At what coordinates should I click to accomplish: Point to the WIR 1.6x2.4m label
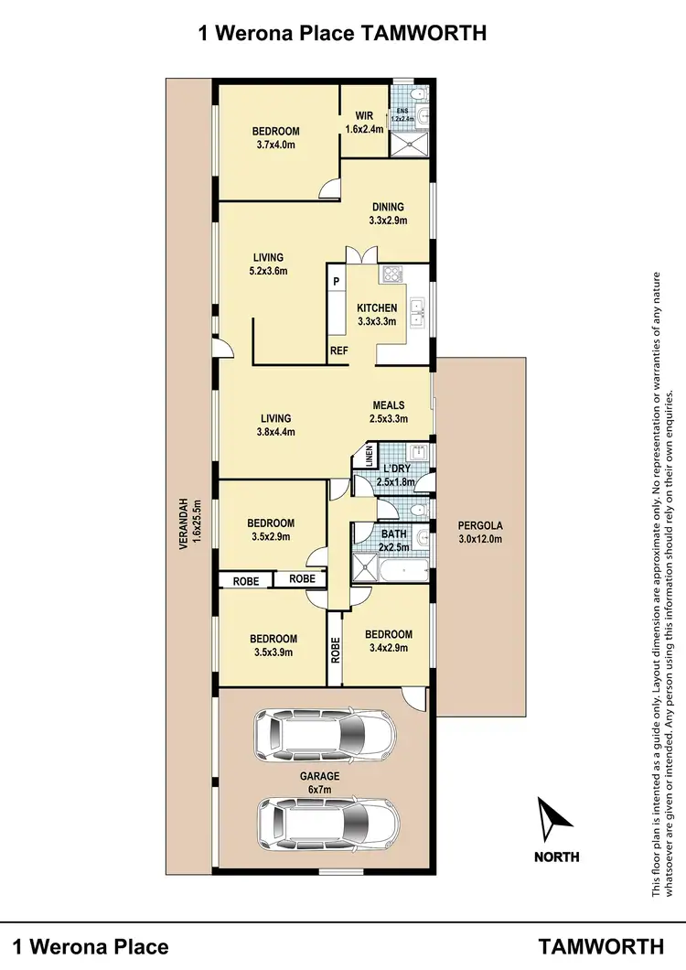pos(364,123)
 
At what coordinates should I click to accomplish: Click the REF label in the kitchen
pos(338,351)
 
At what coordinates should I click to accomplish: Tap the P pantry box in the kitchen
pos(337,282)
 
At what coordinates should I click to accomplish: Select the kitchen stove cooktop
pos(391,274)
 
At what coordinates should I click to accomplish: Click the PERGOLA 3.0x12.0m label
pos(480,532)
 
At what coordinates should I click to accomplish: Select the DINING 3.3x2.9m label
pos(388,212)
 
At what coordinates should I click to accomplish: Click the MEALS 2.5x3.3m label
pos(388,412)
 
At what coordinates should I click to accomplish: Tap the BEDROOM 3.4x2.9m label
pos(388,641)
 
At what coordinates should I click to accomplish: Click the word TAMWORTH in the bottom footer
pos(602,945)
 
